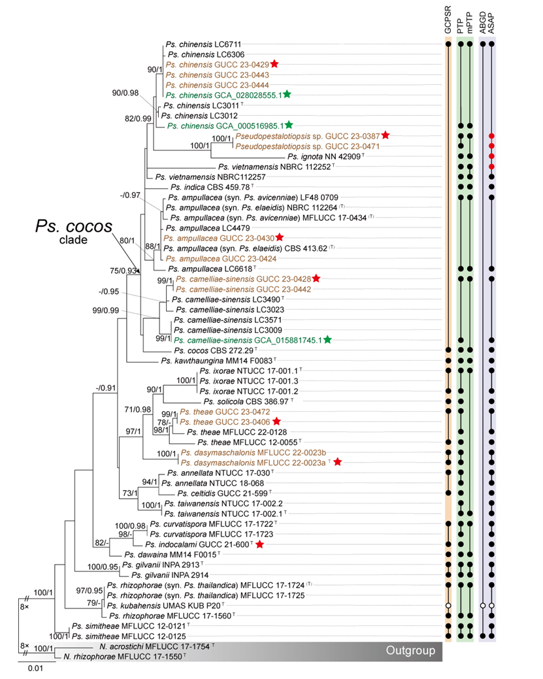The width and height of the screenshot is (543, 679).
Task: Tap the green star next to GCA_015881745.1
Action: pos(327,340)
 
